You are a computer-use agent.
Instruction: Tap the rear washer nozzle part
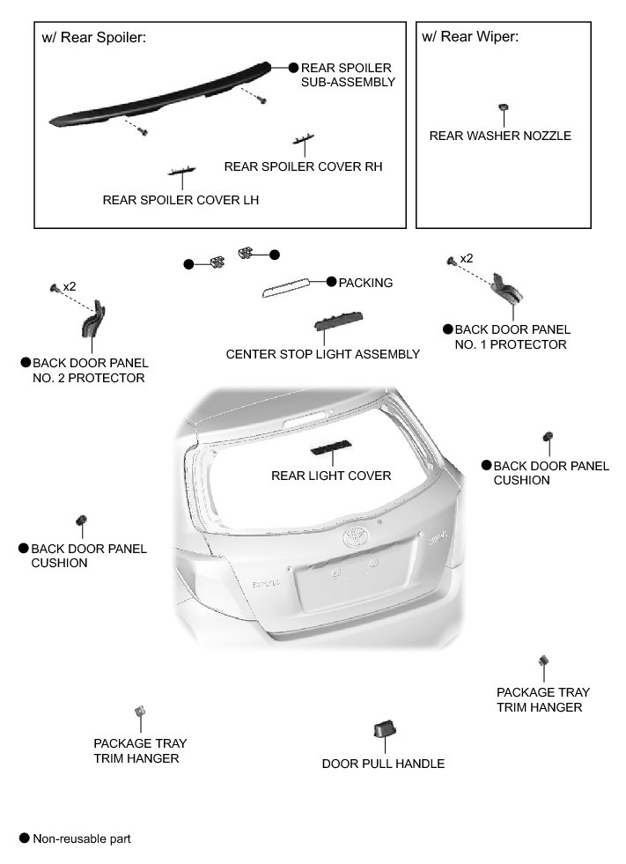pyautogui.click(x=503, y=107)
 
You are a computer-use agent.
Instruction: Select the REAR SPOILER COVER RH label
pyautogui.click(x=303, y=166)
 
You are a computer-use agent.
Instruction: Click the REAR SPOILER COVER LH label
pyautogui.click(x=180, y=200)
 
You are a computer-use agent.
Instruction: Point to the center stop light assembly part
pyautogui.click(x=340, y=322)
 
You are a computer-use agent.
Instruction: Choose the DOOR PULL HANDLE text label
pyautogui.click(x=383, y=764)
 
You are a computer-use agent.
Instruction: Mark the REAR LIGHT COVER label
pyautogui.click(x=331, y=476)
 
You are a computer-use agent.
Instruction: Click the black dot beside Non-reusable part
pyautogui.click(x=24, y=838)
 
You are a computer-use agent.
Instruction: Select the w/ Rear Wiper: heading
pyautogui.click(x=470, y=37)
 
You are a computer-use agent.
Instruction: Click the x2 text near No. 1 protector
pyautogui.click(x=467, y=258)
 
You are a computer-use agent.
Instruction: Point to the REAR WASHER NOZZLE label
pyautogui.click(x=500, y=136)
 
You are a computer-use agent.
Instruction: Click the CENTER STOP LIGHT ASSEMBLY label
pyautogui.click(x=323, y=354)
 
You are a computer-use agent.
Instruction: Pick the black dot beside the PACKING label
pyautogui.click(x=331, y=282)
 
